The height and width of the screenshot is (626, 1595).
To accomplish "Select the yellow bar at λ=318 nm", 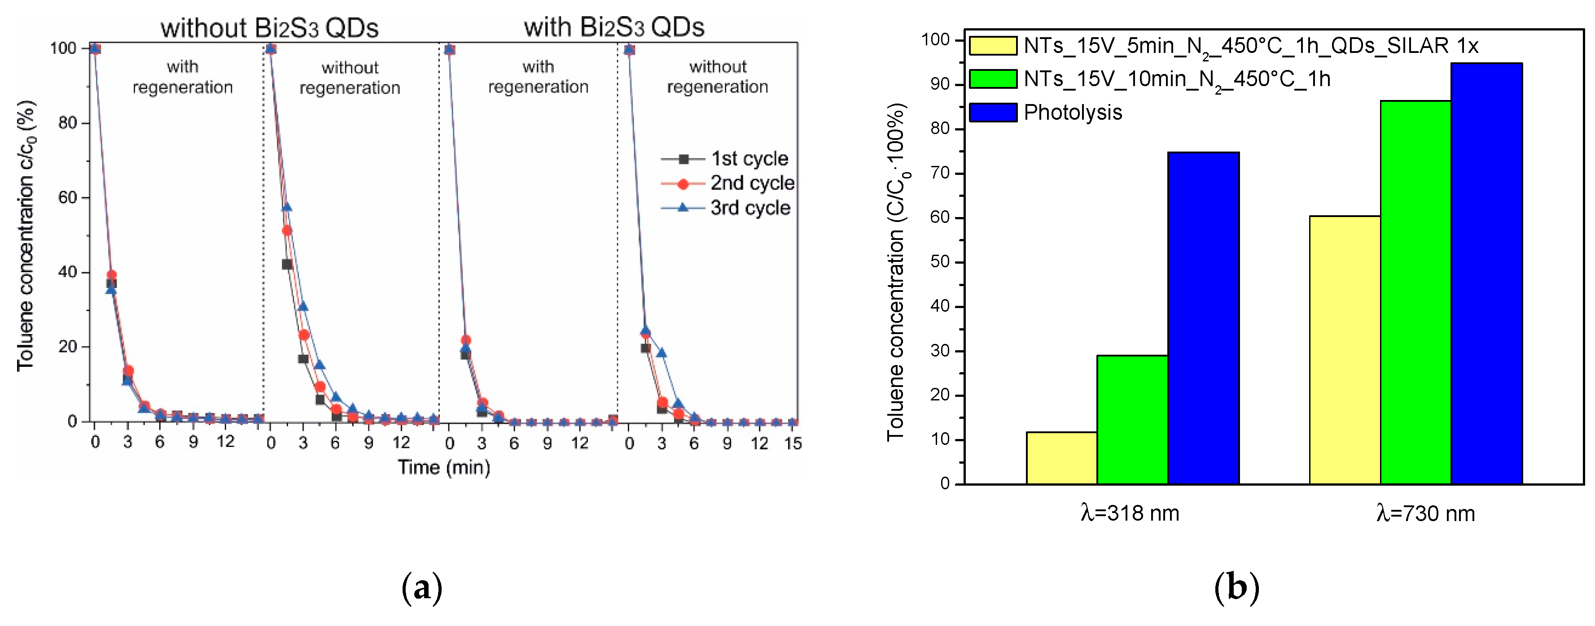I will click(x=1061, y=458).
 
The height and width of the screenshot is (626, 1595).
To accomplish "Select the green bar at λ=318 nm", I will click(x=1132, y=419).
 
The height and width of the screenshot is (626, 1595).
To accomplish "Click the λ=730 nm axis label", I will click(x=1425, y=513).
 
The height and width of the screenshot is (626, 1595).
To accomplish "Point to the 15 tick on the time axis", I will click(x=793, y=443).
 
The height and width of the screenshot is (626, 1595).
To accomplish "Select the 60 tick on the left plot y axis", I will click(x=67, y=198).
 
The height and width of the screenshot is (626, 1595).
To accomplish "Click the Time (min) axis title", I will click(x=443, y=467).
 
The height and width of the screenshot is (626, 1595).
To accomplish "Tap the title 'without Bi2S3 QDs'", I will click(x=269, y=28).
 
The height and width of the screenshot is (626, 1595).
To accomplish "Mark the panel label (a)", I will click(x=422, y=587).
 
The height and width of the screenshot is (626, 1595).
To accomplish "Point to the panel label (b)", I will click(x=1236, y=587).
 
